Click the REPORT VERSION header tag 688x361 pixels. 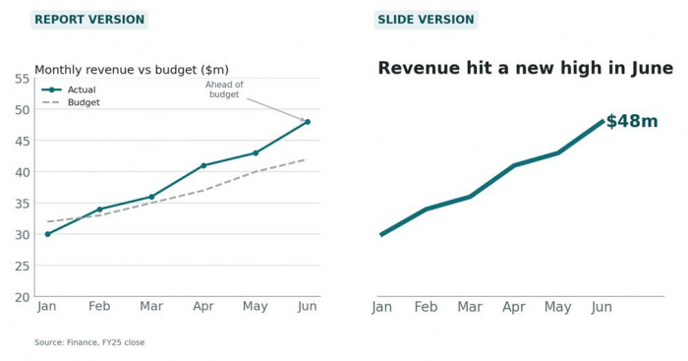(x=89, y=20)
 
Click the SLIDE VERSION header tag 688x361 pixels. (x=426, y=20)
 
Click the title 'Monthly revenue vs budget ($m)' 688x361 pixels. (x=132, y=70)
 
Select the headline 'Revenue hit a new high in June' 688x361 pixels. (x=525, y=69)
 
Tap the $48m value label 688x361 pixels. (x=632, y=121)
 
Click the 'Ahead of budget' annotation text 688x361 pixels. (x=224, y=90)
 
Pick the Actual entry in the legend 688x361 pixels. (x=69, y=90)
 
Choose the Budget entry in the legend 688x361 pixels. (x=71, y=102)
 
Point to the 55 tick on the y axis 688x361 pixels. (x=22, y=79)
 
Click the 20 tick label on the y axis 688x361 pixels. (x=22, y=297)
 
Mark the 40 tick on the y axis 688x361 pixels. (x=22, y=172)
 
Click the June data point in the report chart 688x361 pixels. (x=307, y=122)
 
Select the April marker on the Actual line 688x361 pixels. (x=203, y=165)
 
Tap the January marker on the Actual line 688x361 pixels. (x=48, y=234)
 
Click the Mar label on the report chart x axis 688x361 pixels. (x=151, y=306)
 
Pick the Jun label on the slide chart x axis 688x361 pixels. (x=602, y=307)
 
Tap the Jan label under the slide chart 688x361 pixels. (x=381, y=307)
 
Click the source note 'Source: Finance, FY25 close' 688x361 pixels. (x=89, y=342)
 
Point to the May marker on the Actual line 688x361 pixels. (x=256, y=153)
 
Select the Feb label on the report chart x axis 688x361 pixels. (x=99, y=306)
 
